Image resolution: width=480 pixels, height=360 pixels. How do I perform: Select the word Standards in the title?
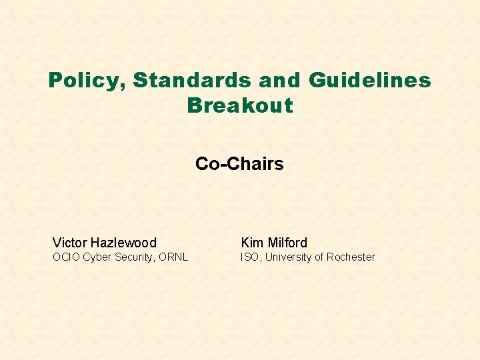click(x=192, y=81)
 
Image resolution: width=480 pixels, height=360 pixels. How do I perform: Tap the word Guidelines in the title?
click(x=370, y=81)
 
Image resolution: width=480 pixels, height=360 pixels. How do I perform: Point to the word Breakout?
click(x=240, y=105)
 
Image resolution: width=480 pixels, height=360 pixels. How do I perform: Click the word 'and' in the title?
click(x=280, y=81)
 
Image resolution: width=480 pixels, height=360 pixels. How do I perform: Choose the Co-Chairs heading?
click(x=239, y=164)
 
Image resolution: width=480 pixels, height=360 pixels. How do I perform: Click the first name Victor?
click(x=70, y=243)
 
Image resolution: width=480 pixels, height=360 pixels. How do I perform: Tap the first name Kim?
click(x=252, y=243)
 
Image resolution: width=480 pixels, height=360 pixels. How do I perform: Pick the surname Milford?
click(x=287, y=243)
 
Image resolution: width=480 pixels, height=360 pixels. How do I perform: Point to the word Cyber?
click(x=97, y=257)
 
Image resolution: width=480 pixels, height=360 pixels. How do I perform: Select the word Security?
click(x=135, y=257)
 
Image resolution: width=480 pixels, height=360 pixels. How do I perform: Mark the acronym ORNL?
click(x=174, y=257)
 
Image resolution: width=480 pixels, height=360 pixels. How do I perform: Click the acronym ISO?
click(x=249, y=257)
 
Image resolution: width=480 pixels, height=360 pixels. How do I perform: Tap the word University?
click(x=290, y=257)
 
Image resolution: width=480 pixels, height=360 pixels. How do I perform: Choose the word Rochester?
click(x=351, y=257)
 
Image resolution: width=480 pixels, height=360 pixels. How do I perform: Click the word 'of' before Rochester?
click(x=321, y=257)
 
